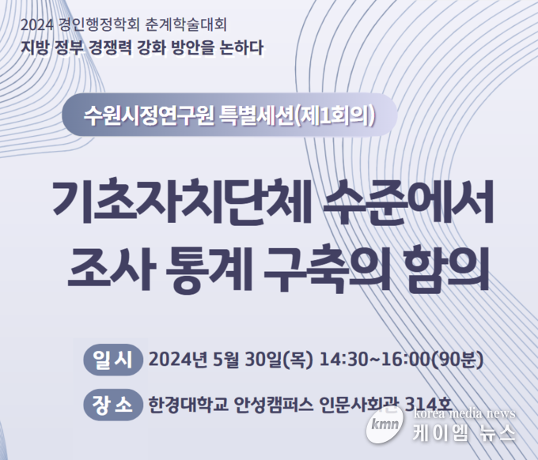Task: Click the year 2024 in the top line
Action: (x=37, y=25)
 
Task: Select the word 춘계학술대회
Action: (x=186, y=25)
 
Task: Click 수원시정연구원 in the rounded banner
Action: (x=150, y=115)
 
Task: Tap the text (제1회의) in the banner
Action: (x=334, y=115)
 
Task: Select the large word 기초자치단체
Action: (x=181, y=202)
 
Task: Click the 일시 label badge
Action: (x=113, y=360)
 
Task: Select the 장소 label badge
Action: (x=113, y=405)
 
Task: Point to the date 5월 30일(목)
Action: (x=263, y=360)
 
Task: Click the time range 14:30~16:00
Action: (x=375, y=360)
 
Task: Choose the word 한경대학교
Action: (x=188, y=405)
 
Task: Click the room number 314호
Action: (x=428, y=405)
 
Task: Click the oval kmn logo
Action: (x=385, y=424)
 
